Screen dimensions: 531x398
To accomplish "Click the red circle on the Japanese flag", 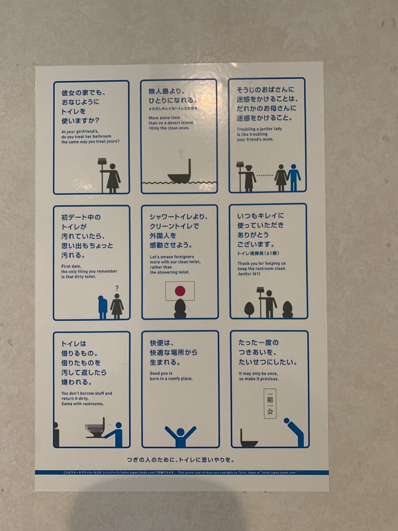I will pos(180,291).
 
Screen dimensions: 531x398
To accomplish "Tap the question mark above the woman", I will pos(117,288).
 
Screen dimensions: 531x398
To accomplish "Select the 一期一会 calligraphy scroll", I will pos(270,404).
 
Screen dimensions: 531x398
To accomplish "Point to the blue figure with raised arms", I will pos(180,436).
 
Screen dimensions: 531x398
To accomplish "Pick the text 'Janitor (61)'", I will pos(249,274).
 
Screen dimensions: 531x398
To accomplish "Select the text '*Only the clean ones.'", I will pos(168,128).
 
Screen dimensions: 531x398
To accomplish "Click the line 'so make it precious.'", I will pos(259,379).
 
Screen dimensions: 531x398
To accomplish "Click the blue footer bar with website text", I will pos(181,473).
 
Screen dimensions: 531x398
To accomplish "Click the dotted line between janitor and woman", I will pos(265,176).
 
